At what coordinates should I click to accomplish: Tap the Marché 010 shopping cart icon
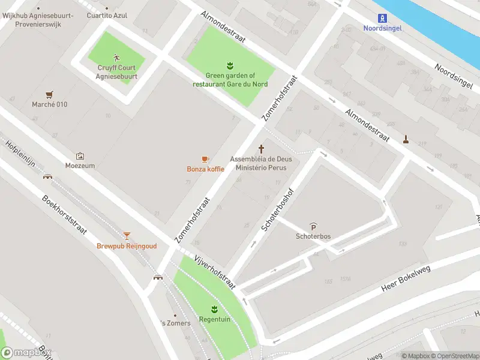click(x=49, y=94)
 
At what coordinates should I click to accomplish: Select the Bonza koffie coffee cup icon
click(x=205, y=159)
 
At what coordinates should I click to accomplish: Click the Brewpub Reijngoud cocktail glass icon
click(x=127, y=236)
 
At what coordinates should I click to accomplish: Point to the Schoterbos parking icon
click(x=313, y=226)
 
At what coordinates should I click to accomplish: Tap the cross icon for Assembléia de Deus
click(x=261, y=148)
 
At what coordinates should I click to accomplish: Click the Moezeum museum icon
click(x=80, y=155)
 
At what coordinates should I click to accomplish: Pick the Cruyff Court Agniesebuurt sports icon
click(x=117, y=58)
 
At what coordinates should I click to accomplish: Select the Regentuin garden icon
click(x=214, y=309)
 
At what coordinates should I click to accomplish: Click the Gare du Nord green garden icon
click(x=230, y=65)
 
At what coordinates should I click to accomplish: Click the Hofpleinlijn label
click(x=22, y=155)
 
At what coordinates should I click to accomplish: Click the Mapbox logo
click(x=25, y=353)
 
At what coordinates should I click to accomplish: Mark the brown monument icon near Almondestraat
click(x=406, y=139)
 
